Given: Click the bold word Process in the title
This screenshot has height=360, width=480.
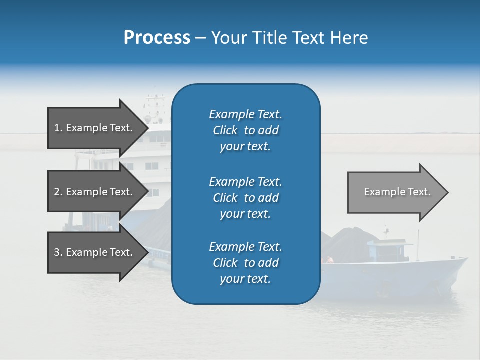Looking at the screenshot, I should point(157,38).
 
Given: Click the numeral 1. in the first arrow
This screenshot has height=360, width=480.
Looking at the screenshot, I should point(58,128).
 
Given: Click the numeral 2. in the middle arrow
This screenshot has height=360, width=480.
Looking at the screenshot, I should point(58,192).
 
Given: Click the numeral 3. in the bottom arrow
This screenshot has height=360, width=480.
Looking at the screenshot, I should point(58,252).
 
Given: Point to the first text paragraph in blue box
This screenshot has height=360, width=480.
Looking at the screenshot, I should point(245,130).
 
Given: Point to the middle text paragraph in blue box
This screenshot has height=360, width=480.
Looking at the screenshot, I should point(245,198).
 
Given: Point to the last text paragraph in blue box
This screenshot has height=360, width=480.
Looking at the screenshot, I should point(245,263).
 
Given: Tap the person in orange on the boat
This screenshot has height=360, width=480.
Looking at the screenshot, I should point(329,259).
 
